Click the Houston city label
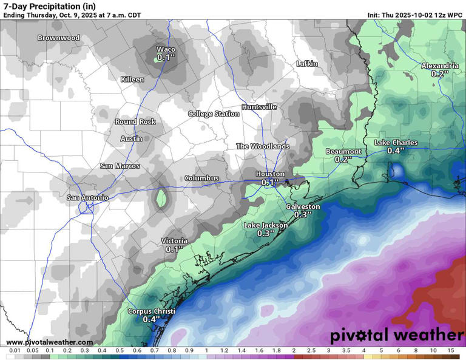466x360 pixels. pos(270,174)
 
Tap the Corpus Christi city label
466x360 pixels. pos(151,311)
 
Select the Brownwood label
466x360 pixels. pos(58,38)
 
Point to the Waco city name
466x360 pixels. pos(166,49)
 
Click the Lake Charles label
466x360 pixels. pos(396,143)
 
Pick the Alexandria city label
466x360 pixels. pos(440,66)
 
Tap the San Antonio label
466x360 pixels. pos(87,197)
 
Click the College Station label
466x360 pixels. pos(213,114)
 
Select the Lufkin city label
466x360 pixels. pos(307,64)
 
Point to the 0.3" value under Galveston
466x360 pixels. pos(302,214)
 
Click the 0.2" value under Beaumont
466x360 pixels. pos(343,159)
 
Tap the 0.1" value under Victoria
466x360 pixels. pos(174,249)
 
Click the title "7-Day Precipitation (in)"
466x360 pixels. pos(49,6)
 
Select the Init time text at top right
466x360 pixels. pos(415,15)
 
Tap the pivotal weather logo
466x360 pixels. pos(397,335)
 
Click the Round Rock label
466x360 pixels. pos(135,121)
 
